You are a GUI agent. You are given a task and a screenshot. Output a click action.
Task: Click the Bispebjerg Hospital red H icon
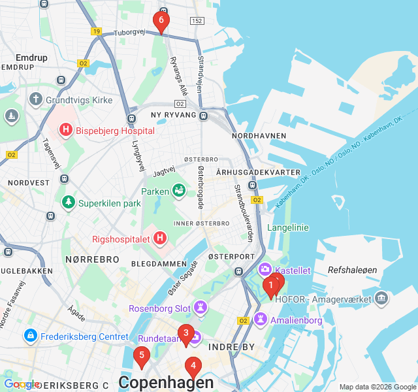click(66, 130)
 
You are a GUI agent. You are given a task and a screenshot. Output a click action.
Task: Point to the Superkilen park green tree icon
click(68, 203)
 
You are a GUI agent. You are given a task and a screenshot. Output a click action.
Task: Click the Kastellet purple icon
click(265, 269)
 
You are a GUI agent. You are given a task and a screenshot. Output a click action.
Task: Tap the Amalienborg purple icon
click(261, 319)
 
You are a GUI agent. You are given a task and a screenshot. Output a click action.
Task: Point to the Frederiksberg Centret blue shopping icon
click(29, 336)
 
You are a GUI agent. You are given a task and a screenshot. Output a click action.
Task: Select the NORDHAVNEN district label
click(259, 136)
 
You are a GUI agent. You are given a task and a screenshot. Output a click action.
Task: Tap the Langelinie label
click(288, 227)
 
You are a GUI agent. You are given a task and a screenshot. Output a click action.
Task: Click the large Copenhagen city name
click(166, 382)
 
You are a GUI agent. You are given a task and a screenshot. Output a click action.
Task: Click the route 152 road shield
click(197, 22)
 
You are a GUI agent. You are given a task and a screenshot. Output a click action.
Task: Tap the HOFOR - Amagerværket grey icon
click(382, 299)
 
